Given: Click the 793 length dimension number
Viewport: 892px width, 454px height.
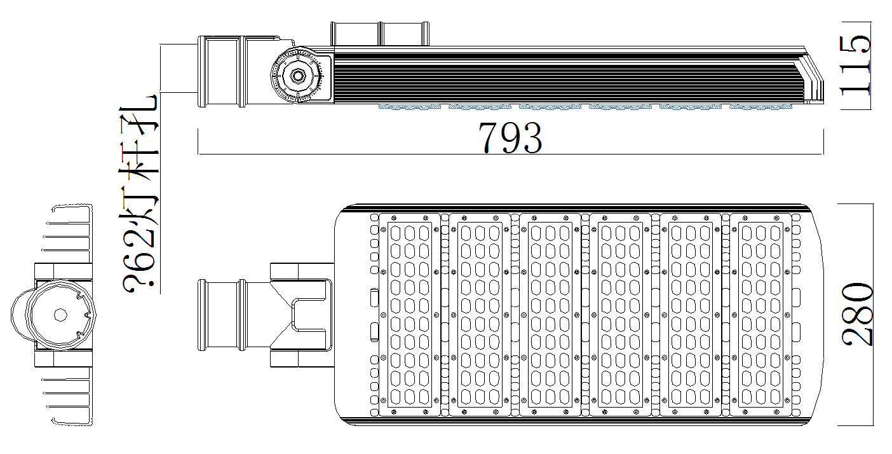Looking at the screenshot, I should click(x=510, y=138).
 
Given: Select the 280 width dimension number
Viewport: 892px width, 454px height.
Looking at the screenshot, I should click(x=858, y=315).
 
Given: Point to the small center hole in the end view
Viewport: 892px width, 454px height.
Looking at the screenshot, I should click(x=60, y=315).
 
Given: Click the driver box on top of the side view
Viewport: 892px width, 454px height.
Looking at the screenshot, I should click(x=379, y=34).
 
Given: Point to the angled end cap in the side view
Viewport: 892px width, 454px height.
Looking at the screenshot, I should click(x=813, y=79).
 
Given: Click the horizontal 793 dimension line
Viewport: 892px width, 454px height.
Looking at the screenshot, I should click(x=381, y=154).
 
